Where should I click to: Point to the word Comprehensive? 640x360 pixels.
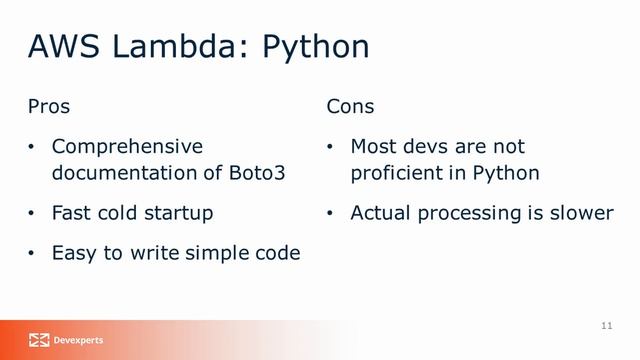tap(127, 147)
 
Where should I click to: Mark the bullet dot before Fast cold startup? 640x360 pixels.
tap(31, 213)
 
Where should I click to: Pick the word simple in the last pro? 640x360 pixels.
tap(217, 254)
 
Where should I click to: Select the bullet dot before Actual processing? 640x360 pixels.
tap(330, 213)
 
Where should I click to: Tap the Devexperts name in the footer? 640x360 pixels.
tap(78, 340)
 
